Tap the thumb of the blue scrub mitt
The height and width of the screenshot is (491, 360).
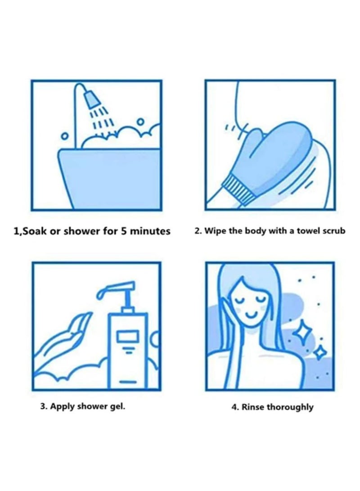click(x=250, y=135)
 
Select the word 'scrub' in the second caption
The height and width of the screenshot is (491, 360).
click(x=333, y=231)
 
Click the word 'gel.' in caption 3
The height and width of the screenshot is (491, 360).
click(x=116, y=406)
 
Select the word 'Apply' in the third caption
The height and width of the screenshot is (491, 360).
click(x=62, y=406)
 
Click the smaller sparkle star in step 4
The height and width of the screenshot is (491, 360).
click(x=319, y=352)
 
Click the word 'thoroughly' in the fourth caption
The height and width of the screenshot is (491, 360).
click(x=290, y=407)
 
